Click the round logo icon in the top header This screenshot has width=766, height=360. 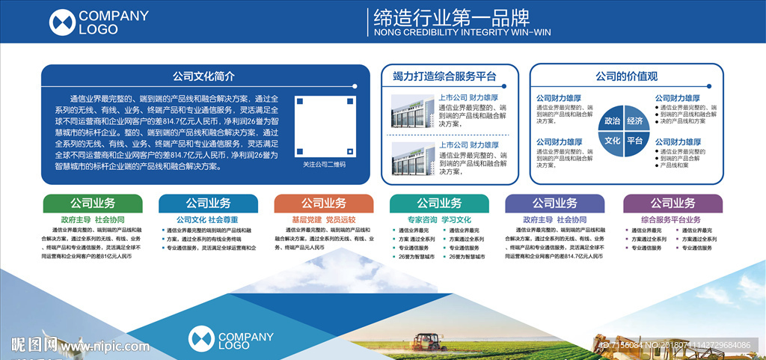point(63,22)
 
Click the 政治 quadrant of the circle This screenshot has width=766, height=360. point(613,120)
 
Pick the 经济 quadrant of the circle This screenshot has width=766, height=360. point(635,120)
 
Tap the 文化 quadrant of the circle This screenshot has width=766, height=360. point(613,141)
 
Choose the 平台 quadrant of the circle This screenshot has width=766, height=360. point(635,141)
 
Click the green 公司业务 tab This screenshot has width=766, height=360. point(93,204)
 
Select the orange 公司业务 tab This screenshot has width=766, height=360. point(324,204)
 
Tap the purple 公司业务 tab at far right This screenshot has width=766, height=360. point(672,204)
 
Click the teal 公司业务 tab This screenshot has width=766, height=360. point(439,204)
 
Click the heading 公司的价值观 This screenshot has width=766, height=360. point(626,76)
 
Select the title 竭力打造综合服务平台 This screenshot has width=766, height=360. point(445,76)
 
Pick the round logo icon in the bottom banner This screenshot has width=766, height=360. point(201,339)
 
